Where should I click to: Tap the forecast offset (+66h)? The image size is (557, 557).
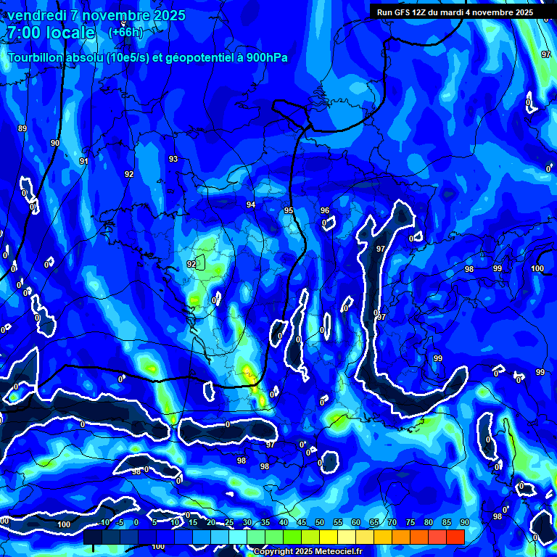pyautogui.click(x=126, y=33)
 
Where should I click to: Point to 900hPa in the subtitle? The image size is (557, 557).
pyautogui.click(x=268, y=58)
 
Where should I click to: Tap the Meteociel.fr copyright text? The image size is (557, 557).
pyautogui.click(x=308, y=551)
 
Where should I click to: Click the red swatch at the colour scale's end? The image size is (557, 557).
pyautogui.click(x=455, y=536)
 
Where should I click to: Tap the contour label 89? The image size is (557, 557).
pyautogui.click(x=22, y=128)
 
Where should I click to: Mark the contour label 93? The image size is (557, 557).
pyautogui.click(x=173, y=159)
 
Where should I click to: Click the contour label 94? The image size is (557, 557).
pyautogui.click(x=251, y=205)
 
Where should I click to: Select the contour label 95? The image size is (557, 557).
pyautogui.click(x=289, y=210)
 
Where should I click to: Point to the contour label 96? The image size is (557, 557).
pyautogui.click(x=325, y=210)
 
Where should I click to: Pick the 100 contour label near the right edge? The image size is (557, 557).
pyautogui.click(x=537, y=268)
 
